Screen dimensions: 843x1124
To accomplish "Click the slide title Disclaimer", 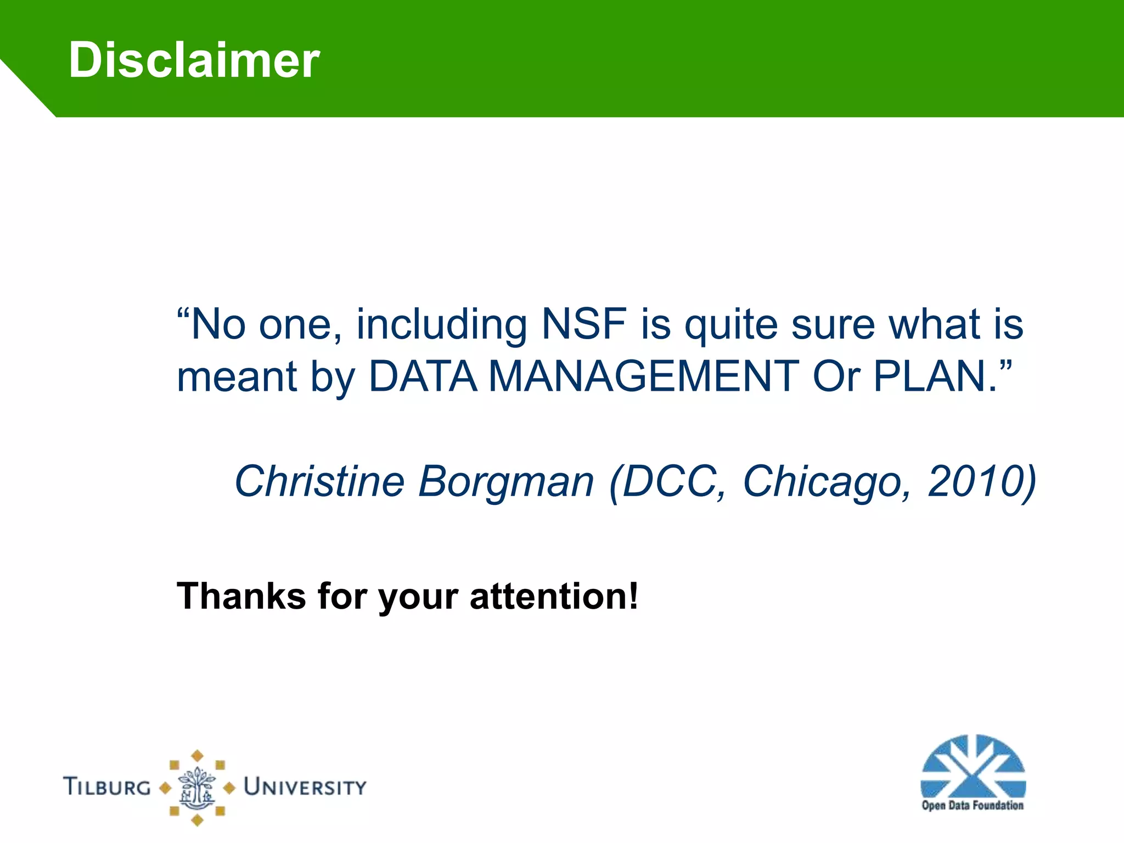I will (x=194, y=60).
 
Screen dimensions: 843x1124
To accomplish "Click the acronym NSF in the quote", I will (x=584, y=324).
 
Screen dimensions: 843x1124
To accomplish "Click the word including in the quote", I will (x=441, y=324).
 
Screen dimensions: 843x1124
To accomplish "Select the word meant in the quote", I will (x=237, y=378).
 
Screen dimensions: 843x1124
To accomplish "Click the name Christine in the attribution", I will (x=319, y=481).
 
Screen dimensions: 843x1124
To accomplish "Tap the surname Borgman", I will (x=506, y=482).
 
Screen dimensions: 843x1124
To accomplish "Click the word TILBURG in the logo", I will (x=107, y=786).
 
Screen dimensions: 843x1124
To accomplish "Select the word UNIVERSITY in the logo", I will (x=305, y=787).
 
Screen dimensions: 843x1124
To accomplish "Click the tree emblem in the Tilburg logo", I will (x=197, y=788).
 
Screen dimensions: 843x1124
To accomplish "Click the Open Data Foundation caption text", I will (x=973, y=806).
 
